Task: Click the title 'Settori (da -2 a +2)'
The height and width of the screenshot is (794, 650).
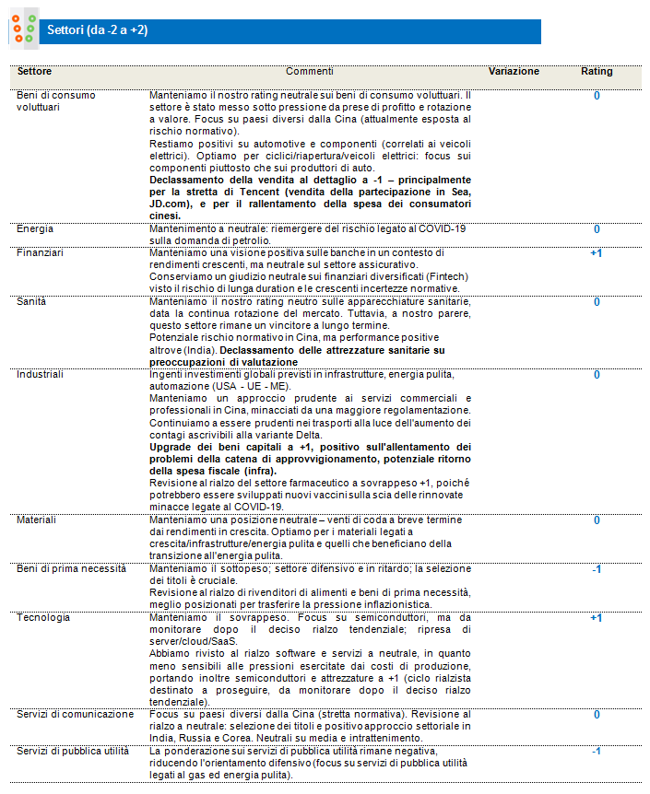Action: pos(98,30)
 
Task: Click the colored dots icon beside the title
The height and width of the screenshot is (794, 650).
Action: pos(23,29)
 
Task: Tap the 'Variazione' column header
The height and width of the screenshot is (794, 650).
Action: pos(514,71)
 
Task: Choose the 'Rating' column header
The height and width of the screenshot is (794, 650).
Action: pos(596,71)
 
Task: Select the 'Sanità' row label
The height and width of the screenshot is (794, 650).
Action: pos(33,301)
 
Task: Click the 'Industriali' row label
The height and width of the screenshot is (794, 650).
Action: pos(41,375)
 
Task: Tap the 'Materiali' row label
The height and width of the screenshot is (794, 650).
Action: pos(38,520)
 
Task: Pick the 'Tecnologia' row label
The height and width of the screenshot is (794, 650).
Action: pos(43,617)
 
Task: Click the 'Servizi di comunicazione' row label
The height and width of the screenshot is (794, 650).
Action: pos(76,714)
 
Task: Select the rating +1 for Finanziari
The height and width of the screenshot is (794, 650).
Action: pos(596,251)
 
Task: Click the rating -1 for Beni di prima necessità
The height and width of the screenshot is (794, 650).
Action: pos(596,569)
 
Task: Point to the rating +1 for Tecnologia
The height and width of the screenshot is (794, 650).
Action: pos(596,617)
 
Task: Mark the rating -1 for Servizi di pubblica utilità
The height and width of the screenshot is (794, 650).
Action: pos(596,751)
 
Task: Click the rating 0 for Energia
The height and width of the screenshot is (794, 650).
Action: pos(596,228)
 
